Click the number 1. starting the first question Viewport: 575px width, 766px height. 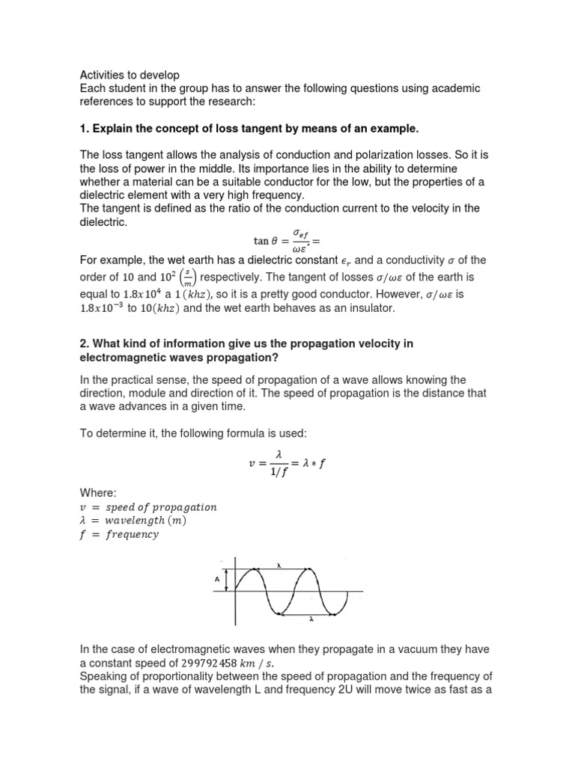click(x=85, y=129)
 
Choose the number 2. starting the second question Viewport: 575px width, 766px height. click(x=85, y=343)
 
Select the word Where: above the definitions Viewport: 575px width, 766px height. click(x=98, y=493)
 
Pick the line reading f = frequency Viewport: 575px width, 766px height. click(x=119, y=535)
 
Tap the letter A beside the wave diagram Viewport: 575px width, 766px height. click(x=216, y=578)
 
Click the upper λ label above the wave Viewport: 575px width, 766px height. click(x=279, y=566)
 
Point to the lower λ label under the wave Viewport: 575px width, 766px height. click(x=310, y=619)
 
